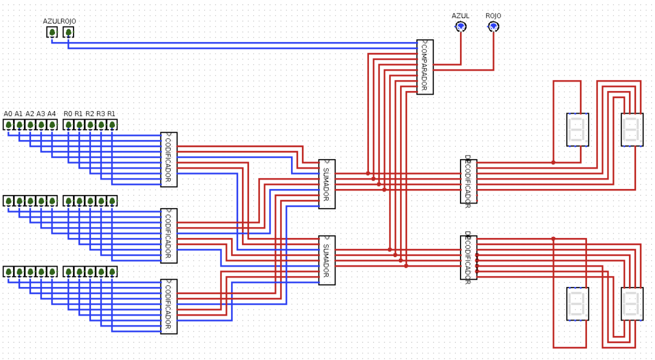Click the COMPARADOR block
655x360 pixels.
pos(424,67)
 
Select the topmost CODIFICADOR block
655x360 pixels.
pos(168,159)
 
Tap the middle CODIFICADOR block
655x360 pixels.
pos(168,235)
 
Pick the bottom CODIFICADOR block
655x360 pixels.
pos(168,306)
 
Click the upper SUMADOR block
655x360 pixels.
pos(326,184)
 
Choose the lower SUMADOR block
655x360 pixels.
pos(326,260)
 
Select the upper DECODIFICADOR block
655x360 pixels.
pos(468,181)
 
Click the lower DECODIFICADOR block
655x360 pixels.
pos(468,257)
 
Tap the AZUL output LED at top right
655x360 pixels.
pos(460,26)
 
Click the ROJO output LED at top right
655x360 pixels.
pos(493,26)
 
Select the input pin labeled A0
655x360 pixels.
pos(8,124)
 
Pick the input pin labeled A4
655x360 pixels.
pos(52,124)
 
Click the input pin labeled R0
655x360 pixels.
pos(68,124)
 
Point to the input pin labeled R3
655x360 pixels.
pos(101,124)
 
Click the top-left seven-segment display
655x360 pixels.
pos(577,129)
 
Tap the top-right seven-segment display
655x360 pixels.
pos(632,129)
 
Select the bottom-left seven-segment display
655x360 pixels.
pos(577,303)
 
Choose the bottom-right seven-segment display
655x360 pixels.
pos(632,303)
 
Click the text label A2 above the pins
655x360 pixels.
pos(30,114)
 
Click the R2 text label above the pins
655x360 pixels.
pos(90,114)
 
